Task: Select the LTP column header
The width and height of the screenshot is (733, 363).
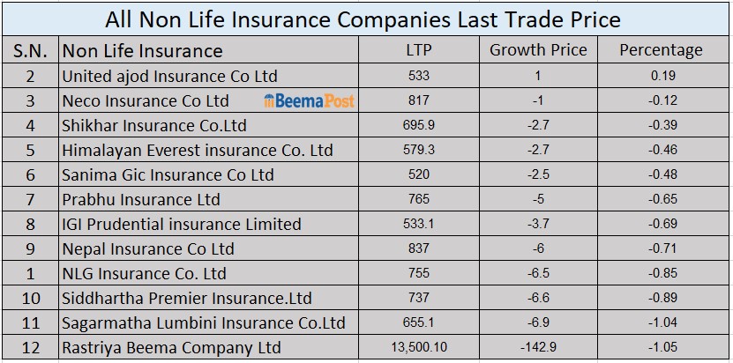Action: coord(419,50)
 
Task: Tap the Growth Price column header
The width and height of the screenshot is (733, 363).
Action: coord(538,50)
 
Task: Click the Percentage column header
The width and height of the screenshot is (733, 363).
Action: coord(661,50)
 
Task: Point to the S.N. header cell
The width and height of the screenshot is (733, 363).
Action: coord(31,50)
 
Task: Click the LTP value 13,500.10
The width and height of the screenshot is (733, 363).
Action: coord(419,347)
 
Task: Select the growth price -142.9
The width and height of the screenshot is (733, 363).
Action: coord(538,347)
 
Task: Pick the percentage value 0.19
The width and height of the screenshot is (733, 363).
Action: coord(662,76)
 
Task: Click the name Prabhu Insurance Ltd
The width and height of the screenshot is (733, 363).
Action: coord(141,199)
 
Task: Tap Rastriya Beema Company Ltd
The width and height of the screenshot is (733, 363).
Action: coord(171,347)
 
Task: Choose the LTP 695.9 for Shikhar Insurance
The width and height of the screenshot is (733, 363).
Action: coord(419,125)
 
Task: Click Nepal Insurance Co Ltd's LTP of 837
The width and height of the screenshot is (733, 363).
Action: coord(419,248)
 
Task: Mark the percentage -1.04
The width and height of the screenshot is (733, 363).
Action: coord(662,322)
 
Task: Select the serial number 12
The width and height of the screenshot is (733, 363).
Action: coord(31,347)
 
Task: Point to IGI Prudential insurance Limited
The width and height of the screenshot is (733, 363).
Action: coord(182,224)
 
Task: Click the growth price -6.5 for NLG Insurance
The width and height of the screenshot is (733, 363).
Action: coord(538,273)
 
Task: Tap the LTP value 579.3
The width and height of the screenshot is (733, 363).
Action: coord(419,150)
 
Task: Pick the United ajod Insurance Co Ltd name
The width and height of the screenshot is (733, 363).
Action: coord(169,76)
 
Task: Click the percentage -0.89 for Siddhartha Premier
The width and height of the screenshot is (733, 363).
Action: coord(662,298)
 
